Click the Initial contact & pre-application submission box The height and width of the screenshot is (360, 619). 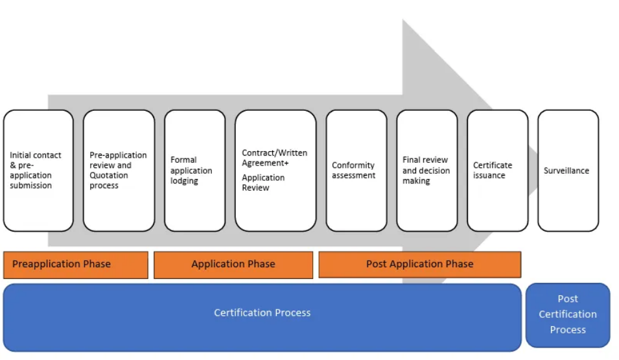(x=38, y=171)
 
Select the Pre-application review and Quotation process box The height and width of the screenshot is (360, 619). (x=119, y=171)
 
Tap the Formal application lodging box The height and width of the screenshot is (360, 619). (x=194, y=171)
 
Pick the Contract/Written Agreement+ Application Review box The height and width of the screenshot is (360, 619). (x=275, y=171)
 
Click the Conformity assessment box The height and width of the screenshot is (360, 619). (x=356, y=171)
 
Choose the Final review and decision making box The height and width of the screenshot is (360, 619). (x=426, y=171)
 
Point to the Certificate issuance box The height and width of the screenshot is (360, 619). (x=497, y=171)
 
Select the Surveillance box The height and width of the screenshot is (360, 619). (x=568, y=171)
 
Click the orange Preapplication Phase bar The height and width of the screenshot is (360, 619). (x=75, y=264)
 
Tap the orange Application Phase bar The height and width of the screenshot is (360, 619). (x=233, y=264)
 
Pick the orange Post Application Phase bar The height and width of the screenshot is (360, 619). (x=419, y=264)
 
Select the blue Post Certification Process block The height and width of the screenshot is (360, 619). (x=568, y=315)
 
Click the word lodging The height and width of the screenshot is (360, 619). (x=185, y=181)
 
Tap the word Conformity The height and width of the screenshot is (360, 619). (x=353, y=165)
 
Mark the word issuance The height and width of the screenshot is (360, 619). (x=489, y=175)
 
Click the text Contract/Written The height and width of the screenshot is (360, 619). (x=275, y=153)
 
